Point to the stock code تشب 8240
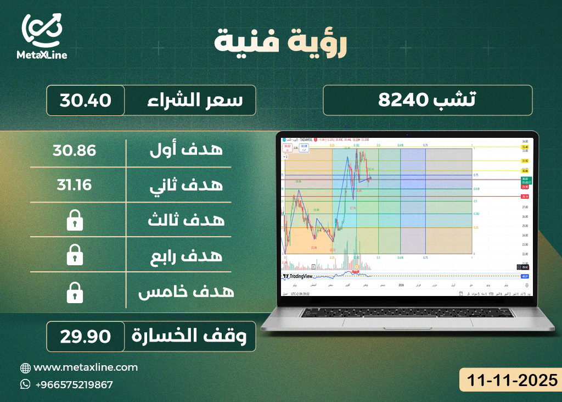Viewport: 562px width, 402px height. point(428,100)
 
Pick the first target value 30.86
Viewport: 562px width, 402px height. point(74,150)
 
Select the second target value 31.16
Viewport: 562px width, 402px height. point(74,185)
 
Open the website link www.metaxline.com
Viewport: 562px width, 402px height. point(86,367)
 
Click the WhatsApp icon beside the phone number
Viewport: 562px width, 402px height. point(25,384)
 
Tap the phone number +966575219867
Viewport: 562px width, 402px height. point(74,384)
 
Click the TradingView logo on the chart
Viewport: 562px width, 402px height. point(297,276)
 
